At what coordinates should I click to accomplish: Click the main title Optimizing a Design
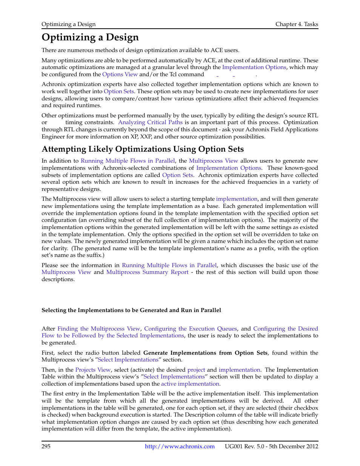[90, 37]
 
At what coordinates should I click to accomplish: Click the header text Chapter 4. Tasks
[297, 24]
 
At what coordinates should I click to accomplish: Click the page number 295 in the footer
[46, 446]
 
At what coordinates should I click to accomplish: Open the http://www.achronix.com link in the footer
[180, 446]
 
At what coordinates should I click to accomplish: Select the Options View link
[120, 74]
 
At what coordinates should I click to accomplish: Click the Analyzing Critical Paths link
[150, 122]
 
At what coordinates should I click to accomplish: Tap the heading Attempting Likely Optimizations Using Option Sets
[143, 149]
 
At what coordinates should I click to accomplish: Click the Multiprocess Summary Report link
[147, 272]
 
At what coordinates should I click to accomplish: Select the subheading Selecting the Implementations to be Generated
[131, 310]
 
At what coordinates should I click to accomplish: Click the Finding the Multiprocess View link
[98, 329]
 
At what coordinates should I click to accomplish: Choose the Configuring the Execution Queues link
[190, 329]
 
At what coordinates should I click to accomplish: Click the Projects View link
[93, 370]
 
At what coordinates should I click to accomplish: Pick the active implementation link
[190, 384]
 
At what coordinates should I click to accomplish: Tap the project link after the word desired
[196, 370]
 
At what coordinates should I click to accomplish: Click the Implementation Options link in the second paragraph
[254, 67]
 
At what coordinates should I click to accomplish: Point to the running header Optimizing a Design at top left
[68, 24]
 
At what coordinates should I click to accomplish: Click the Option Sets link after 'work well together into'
[119, 91]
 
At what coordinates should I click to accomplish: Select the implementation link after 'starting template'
[237, 199]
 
